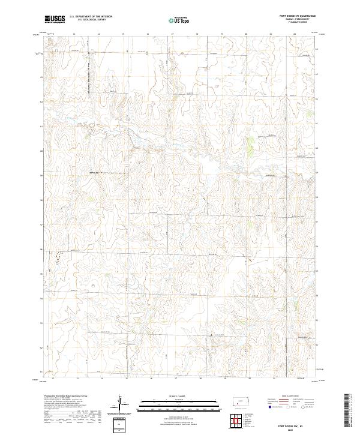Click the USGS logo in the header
point(55,20)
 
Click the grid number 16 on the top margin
point(148,34)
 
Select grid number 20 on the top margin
point(246,34)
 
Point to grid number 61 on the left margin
point(41,126)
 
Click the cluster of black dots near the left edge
point(58,257)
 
